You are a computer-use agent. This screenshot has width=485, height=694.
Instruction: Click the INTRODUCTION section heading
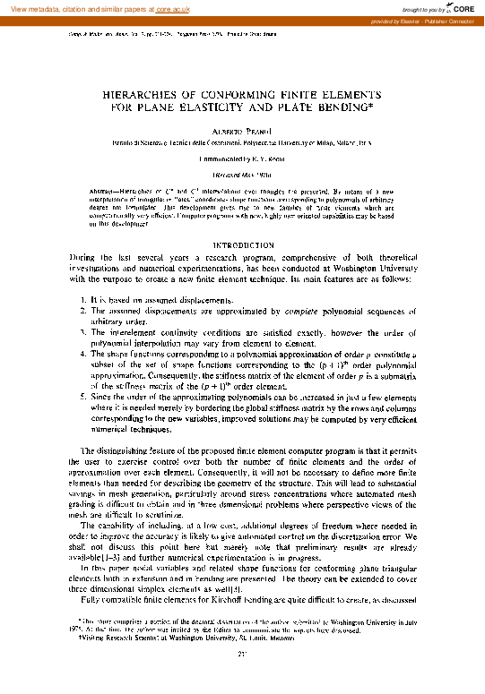point(242,244)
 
